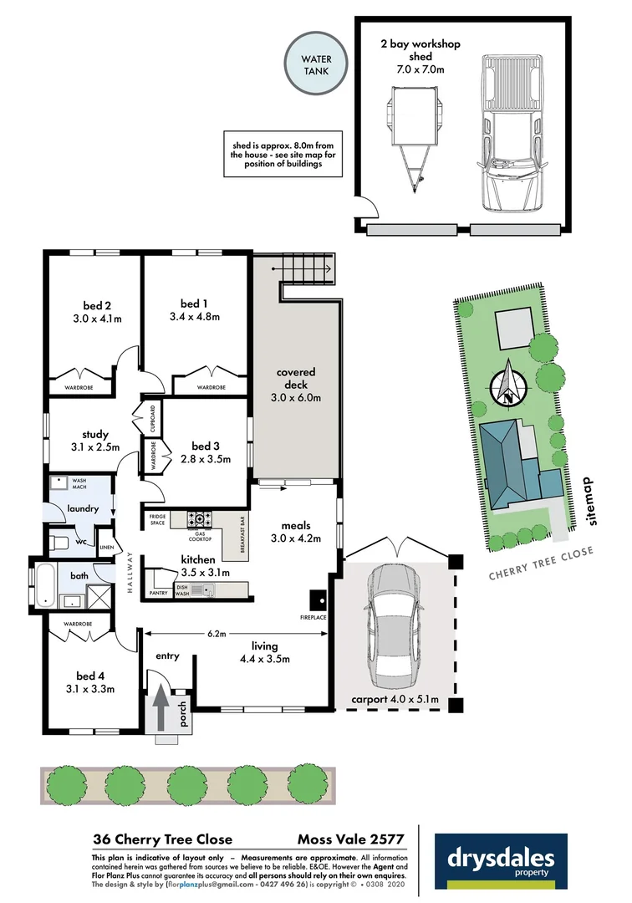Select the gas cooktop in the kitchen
click(x=200, y=518)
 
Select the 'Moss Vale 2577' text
click(x=351, y=839)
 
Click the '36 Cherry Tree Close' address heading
click(x=162, y=839)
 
